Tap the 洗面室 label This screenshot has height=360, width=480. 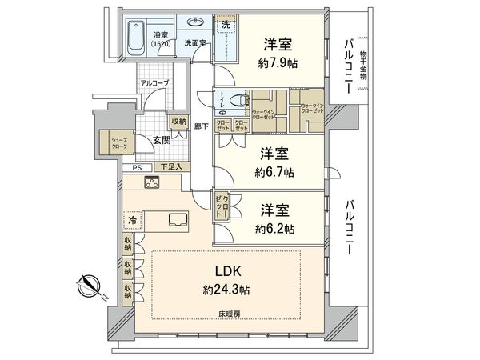(194, 42)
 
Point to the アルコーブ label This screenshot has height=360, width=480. (152, 83)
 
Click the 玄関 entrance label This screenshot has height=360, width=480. (161, 142)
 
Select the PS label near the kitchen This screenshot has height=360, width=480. (137, 167)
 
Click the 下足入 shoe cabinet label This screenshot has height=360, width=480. (170, 167)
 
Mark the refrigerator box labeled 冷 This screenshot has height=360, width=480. (131, 220)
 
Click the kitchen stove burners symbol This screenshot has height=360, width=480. (152, 182)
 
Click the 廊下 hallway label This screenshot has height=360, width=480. (201, 126)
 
